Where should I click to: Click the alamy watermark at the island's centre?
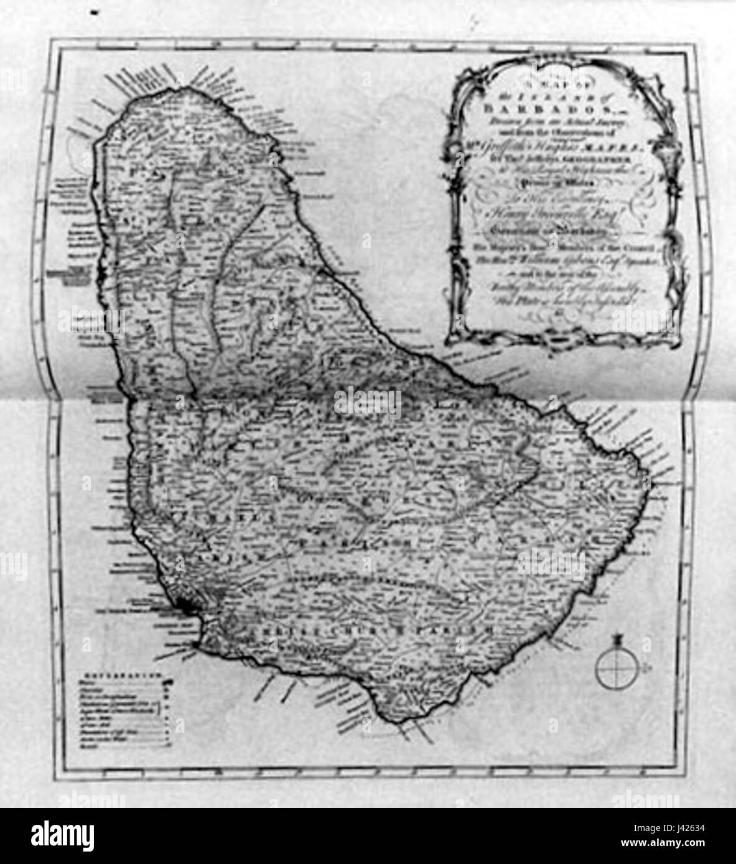(x=368, y=403)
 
